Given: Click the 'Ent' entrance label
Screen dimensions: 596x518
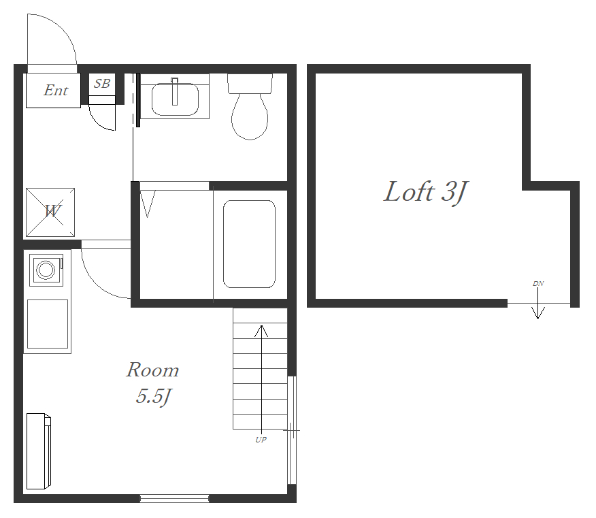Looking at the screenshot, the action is tap(56, 90).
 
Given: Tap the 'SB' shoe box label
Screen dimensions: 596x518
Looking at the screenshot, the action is tap(102, 83).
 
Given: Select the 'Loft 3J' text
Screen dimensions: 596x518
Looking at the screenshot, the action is tap(425, 192).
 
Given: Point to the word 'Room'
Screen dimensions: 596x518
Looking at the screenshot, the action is tap(152, 370).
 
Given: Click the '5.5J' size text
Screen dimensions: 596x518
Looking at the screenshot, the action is tap(154, 397).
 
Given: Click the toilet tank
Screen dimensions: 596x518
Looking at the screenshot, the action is tap(250, 84).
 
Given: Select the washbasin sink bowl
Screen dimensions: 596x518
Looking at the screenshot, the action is tap(175, 99).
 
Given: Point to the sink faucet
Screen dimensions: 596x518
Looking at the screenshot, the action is tap(174, 91).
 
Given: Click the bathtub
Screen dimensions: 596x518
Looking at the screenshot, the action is tap(249, 244).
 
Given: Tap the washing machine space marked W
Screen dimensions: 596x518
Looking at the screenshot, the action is tap(50, 212).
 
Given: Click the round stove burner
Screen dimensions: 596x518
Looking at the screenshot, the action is tap(46, 270).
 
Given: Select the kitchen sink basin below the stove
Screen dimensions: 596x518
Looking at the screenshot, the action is tap(48, 323).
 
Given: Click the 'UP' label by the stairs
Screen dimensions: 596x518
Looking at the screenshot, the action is tap(261, 440).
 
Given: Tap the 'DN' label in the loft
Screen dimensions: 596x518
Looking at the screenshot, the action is tap(538, 284).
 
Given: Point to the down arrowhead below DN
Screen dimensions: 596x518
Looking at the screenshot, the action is tap(538, 313).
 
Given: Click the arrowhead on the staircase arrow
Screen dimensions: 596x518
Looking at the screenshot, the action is tap(261, 331).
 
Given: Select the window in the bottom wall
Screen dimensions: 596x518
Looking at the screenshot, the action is tap(174, 499).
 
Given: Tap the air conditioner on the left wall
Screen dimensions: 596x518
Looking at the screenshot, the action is tap(39, 451).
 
